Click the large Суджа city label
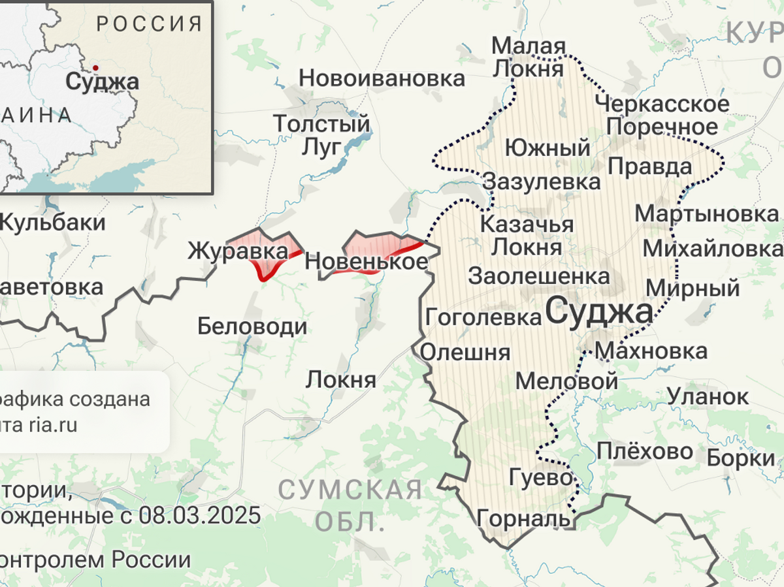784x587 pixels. tap(598, 312)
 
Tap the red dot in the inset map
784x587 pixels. tap(95, 67)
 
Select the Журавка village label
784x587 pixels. tap(238, 251)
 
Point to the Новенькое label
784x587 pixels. tap(366, 262)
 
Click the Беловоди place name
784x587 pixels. tap(252, 326)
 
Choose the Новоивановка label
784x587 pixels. tap(382, 79)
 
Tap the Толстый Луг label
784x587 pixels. tap(321, 135)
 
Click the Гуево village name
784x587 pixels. tap(540, 477)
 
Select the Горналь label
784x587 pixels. tap(524, 518)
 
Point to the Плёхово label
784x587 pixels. tap(644, 451)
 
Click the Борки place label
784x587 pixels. tap(740, 459)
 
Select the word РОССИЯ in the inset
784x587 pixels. tap(150, 24)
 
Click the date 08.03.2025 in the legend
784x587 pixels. tap(199, 515)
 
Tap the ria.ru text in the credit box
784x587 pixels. tap(52, 426)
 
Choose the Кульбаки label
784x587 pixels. tap(52, 223)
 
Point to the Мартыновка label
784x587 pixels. tap(707, 214)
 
